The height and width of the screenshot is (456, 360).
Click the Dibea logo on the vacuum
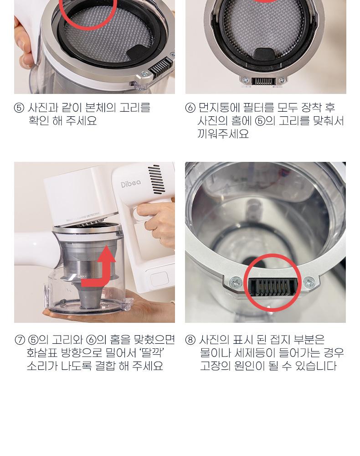coord(131,183)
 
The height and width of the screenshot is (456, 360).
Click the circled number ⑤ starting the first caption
coord(19,108)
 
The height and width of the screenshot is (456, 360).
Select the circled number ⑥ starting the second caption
coord(190,108)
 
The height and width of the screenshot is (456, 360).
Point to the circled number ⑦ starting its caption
coord(20,340)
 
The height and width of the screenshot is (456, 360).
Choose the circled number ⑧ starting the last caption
coord(190,340)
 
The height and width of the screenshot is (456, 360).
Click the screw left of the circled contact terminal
coord(235,282)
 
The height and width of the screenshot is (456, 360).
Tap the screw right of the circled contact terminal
coord(309,282)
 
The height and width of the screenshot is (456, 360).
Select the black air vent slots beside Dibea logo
coord(156,179)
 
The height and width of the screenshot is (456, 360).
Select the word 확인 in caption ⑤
coord(38,121)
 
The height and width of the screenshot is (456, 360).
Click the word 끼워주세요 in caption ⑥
coord(223,134)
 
